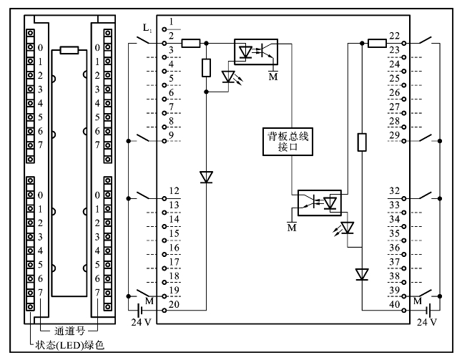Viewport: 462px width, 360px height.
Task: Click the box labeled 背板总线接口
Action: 287,142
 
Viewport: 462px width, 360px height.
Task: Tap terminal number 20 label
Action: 174,304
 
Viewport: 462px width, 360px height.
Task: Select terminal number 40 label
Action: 394,304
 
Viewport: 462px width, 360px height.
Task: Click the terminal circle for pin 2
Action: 164,44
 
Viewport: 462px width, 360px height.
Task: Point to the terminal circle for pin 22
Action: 404,44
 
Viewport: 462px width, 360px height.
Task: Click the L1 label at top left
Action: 147,28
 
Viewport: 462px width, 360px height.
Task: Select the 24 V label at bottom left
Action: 141,322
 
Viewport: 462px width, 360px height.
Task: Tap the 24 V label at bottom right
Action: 427,322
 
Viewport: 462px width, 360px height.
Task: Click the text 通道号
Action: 69,331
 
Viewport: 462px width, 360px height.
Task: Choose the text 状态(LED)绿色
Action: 70,345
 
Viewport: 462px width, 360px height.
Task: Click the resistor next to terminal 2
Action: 191,44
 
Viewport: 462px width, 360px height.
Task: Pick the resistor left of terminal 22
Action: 378,44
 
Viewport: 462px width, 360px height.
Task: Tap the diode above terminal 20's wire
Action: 206,177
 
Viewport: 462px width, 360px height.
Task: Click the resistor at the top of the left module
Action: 69,50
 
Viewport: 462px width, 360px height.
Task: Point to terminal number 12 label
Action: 174,191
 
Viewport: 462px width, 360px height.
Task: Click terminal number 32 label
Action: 394,191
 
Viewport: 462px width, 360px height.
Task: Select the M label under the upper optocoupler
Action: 273,77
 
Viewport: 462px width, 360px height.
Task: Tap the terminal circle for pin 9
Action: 164,141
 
